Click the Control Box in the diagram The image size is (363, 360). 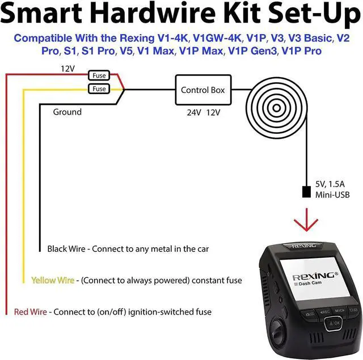tap(202, 90)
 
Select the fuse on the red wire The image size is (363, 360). tap(99, 75)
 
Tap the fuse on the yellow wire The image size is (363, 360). tap(99, 89)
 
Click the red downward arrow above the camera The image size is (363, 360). tap(307, 222)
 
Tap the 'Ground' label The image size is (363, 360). tap(67, 112)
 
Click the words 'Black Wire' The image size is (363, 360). tap(66, 248)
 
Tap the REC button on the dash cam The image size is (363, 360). tap(324, 311)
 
